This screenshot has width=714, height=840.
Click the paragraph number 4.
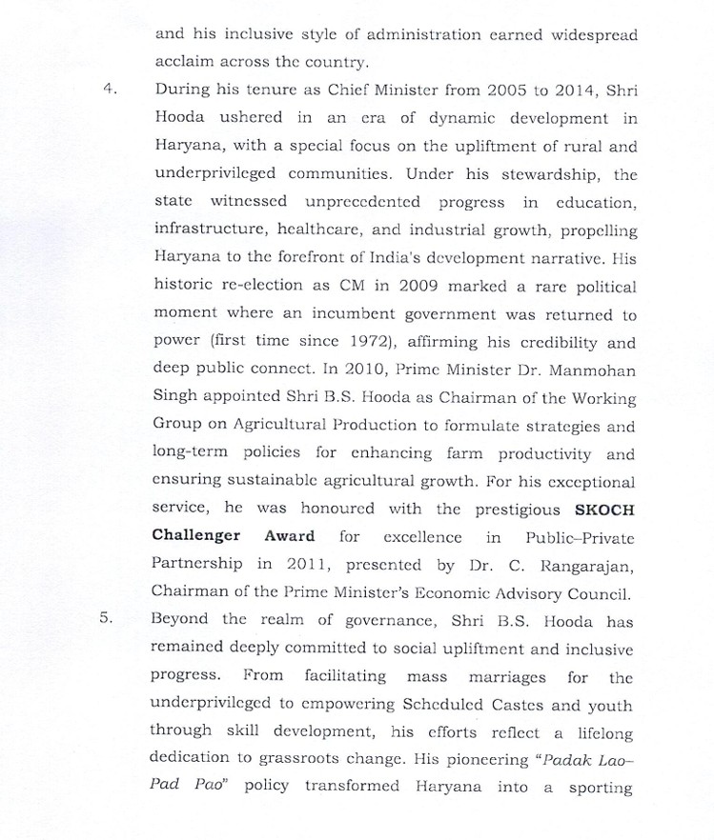coord(109,90)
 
